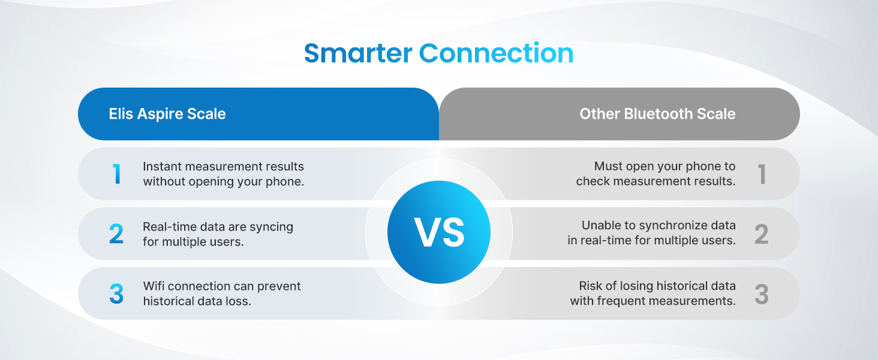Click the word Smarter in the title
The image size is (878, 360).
pos(358,53)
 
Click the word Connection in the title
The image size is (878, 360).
pos(496,53)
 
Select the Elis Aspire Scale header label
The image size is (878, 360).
pos(167,114)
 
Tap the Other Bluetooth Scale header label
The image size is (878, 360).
pos(657,114)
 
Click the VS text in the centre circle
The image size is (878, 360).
pos(439,233)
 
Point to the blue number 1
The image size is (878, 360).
pos(116,174)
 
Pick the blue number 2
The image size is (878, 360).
pos(116,234)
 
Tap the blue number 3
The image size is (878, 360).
pos(116,294)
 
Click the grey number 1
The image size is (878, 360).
pos(762,174)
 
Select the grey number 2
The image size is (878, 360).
pos(761,234)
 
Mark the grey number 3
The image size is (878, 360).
pos(761,294)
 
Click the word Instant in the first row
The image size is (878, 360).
pos(162,166)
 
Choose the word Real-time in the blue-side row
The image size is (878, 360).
pos(169,227)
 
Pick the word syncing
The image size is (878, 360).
pos(270,227)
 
